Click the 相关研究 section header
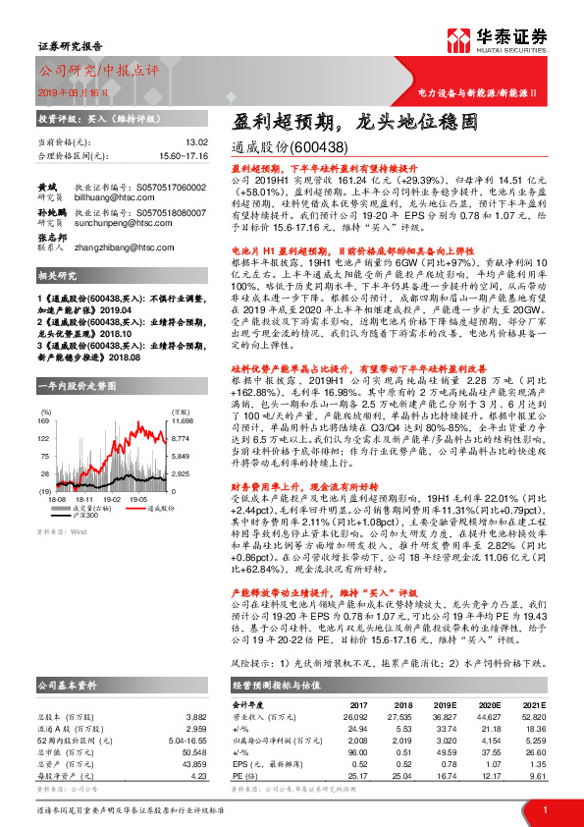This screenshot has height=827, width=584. [58, 276]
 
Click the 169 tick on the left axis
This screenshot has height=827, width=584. [43, 393]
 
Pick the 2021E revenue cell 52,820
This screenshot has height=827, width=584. [532, 717]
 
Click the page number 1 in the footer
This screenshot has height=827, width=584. [544, 809]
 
